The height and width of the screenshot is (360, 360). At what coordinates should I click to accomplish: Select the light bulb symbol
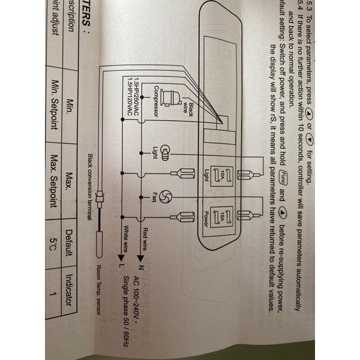tap(165, 151)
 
